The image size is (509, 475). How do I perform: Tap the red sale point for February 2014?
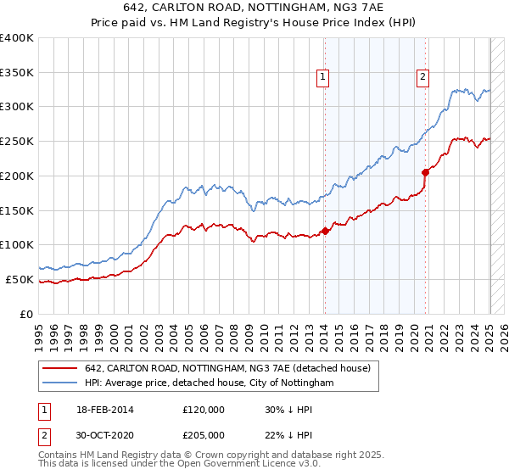[x=325, y=231]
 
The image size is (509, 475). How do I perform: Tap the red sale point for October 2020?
[x=425, y=172]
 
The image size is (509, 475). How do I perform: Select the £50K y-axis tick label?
[x=19, y=279]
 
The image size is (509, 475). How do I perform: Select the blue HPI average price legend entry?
[x=209, y=383]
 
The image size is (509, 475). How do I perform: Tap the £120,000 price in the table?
[x=204, y=410]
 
